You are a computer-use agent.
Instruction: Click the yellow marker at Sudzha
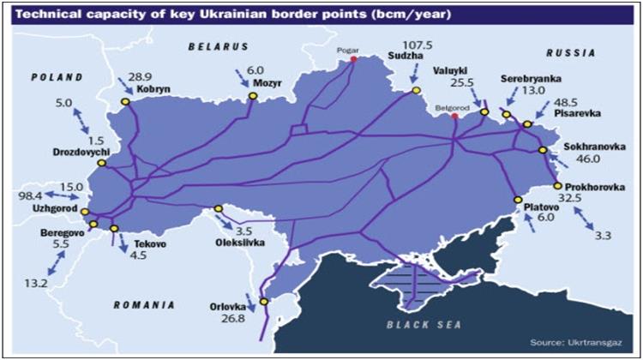point(416,90)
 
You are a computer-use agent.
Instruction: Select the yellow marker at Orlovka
point(264,301)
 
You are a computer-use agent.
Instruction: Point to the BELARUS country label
point(219,46)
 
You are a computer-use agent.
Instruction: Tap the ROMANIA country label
point(144,304)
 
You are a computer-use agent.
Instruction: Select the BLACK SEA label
point(424,325)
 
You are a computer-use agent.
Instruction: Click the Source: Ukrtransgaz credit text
point(579,342)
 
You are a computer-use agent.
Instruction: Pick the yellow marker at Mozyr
point(253,96)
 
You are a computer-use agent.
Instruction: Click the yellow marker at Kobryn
point(125,101)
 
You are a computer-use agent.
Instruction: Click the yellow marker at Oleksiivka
point(218,208)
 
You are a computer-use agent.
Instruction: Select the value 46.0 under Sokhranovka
point(586,159)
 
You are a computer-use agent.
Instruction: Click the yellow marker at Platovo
point(517,200)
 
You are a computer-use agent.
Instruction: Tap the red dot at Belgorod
point(454,117)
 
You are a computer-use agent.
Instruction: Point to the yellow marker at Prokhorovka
point(557,185)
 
